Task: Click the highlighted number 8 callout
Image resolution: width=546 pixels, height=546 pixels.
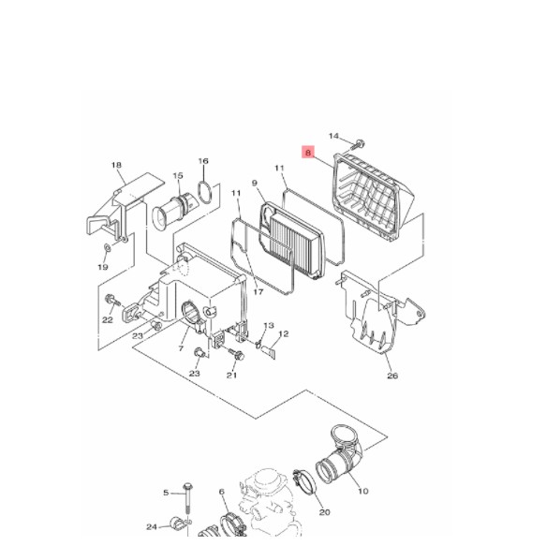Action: point(307,152)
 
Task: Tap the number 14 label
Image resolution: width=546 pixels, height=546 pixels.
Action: point(333,138)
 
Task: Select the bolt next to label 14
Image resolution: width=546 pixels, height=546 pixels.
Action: point(360,144)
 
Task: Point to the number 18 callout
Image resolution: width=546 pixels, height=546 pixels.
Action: point(117,166)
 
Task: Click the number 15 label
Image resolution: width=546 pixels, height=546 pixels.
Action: point(177,175)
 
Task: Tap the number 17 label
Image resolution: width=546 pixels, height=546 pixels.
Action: point(258,292)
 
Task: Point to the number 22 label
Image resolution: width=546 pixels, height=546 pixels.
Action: point(107,320)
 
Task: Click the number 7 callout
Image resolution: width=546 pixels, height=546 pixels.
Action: point(181,348)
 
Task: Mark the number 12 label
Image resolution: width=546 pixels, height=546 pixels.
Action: point(284,334)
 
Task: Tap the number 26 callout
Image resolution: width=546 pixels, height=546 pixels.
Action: point(391,376)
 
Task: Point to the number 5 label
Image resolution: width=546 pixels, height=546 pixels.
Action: point(166,493)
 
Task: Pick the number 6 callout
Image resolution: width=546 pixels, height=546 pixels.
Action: point(222,492)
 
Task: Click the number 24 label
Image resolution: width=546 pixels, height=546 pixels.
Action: point(152,526)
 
